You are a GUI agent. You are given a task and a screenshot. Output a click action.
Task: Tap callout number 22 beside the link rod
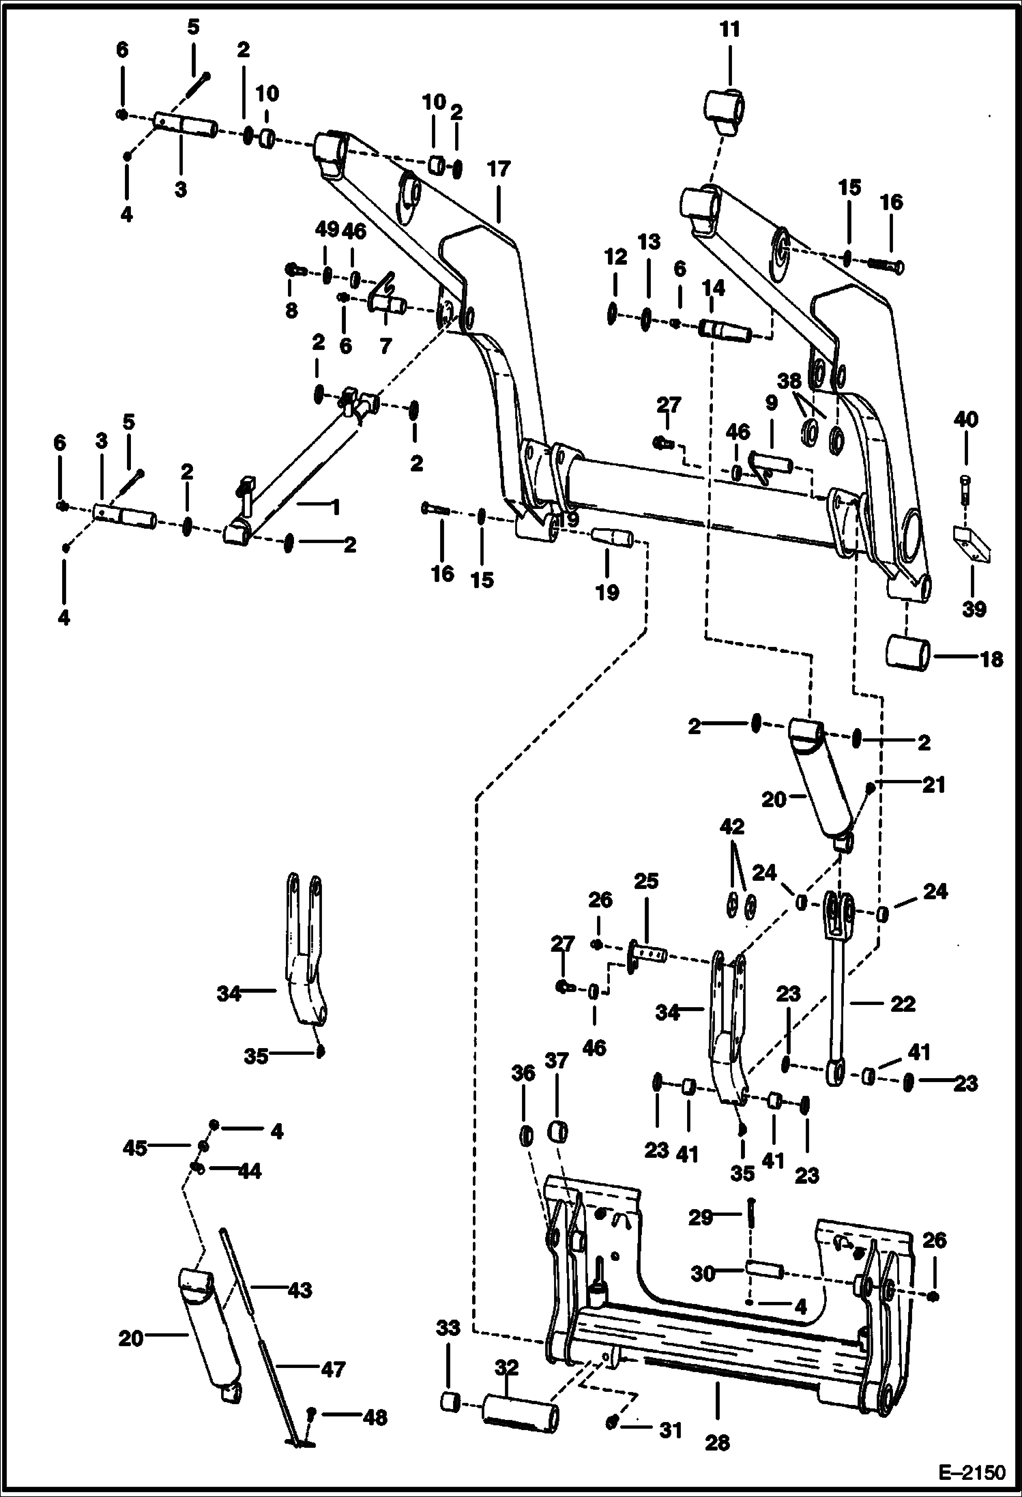902,1004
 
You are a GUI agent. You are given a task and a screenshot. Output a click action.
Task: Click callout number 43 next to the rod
300,1291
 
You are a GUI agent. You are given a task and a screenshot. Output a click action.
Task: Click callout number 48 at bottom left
375,1417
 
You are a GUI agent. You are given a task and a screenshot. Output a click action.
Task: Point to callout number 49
327,230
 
